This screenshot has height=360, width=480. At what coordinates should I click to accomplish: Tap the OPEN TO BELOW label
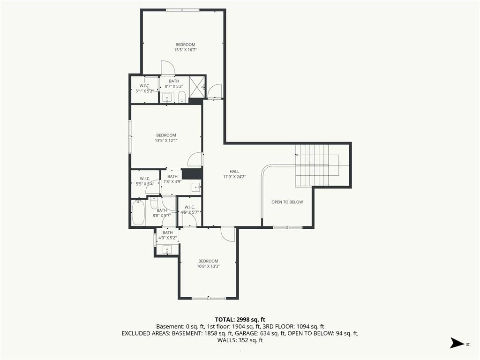click(287, 202)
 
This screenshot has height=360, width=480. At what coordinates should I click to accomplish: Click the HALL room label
click(234, 172)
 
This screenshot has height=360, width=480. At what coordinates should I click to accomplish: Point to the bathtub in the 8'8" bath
click(138, 212)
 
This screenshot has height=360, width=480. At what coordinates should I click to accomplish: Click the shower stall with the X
click(196, 87)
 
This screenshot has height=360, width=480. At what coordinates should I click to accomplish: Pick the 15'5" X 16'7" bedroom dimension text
click(185, 50)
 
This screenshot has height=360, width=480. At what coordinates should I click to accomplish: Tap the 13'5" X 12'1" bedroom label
click(166, 138)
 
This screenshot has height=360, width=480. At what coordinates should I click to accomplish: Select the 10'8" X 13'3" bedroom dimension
click(208, 266)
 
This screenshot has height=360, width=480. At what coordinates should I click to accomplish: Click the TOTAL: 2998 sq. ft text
click(240, 320)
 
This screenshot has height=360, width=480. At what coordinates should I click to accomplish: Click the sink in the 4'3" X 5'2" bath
click(167, 249)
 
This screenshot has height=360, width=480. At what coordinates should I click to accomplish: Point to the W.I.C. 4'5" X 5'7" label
click(190, 210)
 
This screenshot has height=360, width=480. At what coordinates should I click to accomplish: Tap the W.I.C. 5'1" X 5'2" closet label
click(144, 88)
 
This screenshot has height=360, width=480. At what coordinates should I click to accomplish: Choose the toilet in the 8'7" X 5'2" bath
click(182, 97)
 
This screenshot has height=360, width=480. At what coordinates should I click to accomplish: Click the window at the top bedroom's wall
click(182, 10)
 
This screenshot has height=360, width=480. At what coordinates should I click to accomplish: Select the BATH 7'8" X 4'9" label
click(172, 179)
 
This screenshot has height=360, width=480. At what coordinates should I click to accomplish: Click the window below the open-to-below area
click(287, 227)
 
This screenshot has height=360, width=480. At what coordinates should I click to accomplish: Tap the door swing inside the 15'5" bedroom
click(168, 67)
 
